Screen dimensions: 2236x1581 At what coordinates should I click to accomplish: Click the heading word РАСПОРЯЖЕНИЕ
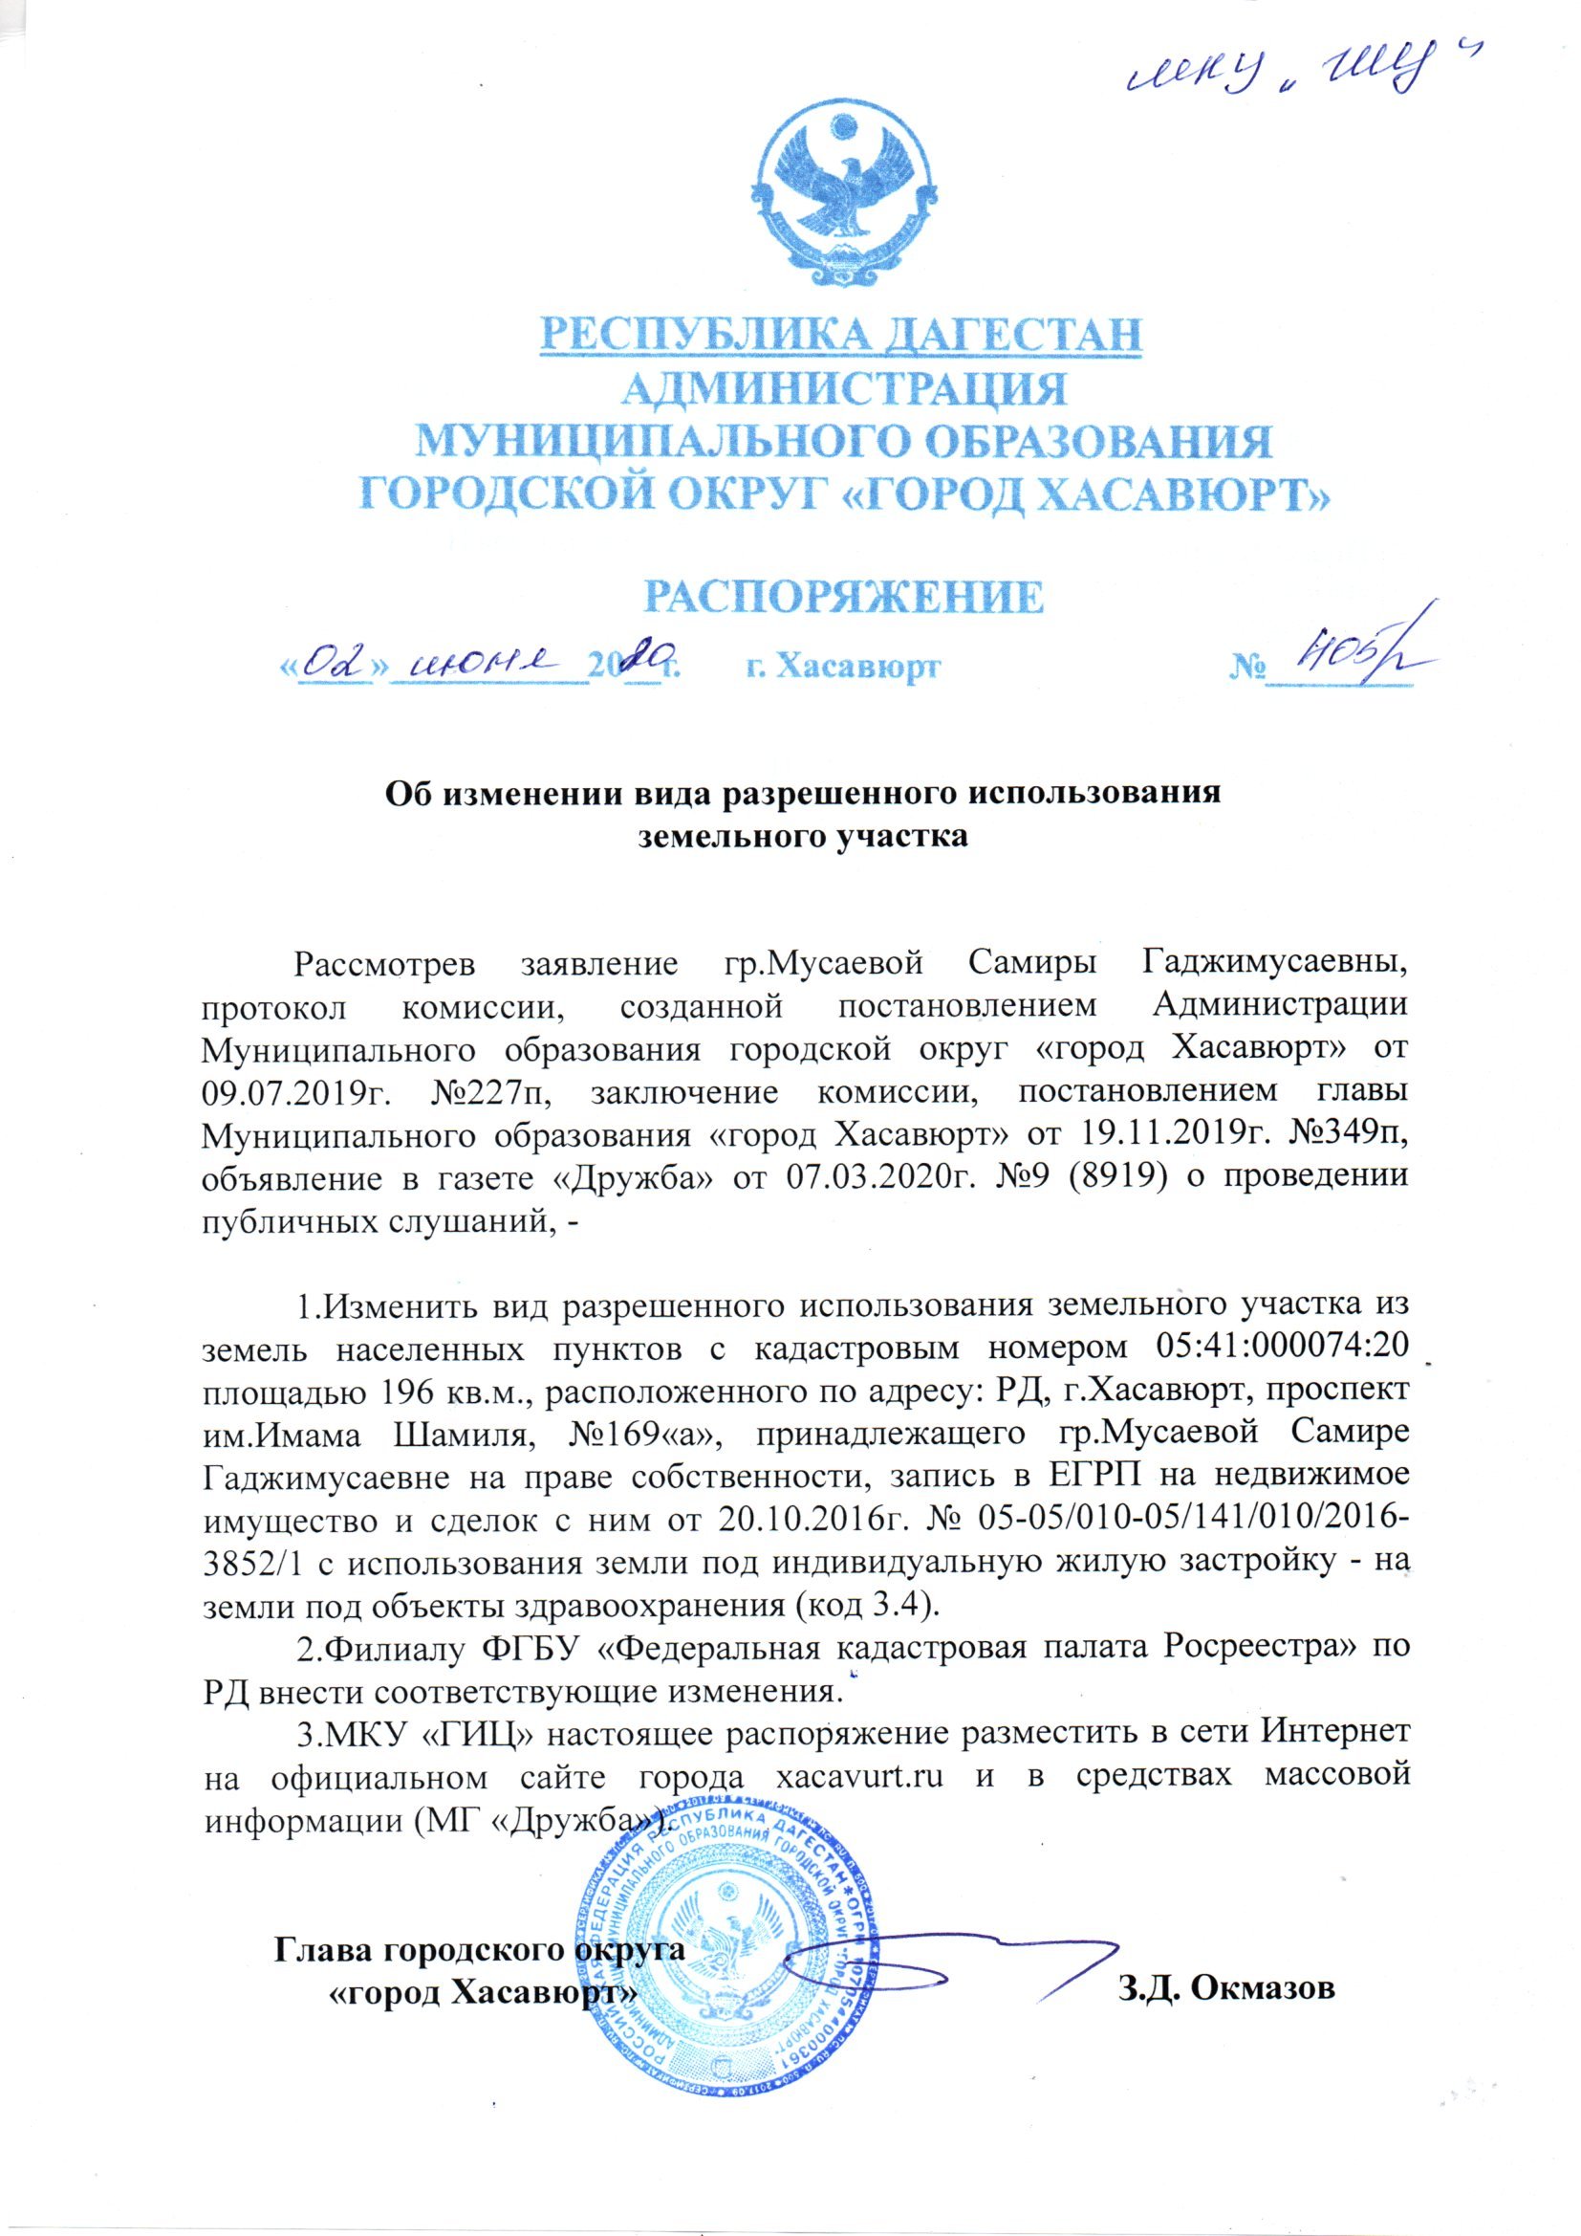(x=846, y=596)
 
